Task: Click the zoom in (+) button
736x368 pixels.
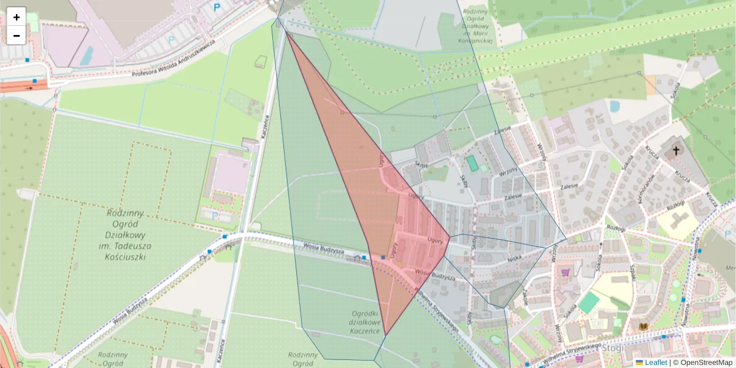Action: click(x=17, y=17)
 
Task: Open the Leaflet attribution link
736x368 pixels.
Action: click(x=655, y=362)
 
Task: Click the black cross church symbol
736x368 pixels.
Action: click(x=676, y=150)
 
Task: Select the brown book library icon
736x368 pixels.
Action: click(x=644, y=327)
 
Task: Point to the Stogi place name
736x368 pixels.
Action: click(x=613, y=348)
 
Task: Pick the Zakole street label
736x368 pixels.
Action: click(x=526, y=297)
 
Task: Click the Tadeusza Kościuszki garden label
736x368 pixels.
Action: click(x=125, y=235)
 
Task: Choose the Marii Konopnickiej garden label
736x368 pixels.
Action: click(x=476, y=26)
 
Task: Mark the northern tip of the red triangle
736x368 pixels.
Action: click(x=286, y=31)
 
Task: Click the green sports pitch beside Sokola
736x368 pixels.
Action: click(x=589, y=303)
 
